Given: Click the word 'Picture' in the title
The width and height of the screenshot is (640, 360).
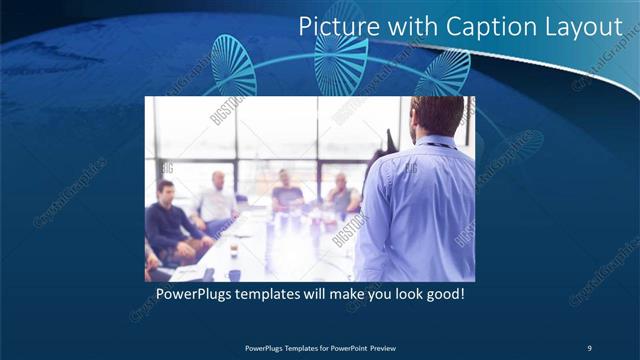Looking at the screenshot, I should (x=337, y=26).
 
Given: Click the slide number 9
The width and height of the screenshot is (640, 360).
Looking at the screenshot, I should (x=589, y=347).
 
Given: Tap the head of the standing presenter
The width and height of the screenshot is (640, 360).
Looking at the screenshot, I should (x=437, y=118).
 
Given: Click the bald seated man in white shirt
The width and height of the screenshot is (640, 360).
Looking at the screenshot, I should (x=217, y=200).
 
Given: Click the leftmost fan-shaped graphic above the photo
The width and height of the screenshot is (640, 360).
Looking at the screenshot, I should (x=234, y=64).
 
